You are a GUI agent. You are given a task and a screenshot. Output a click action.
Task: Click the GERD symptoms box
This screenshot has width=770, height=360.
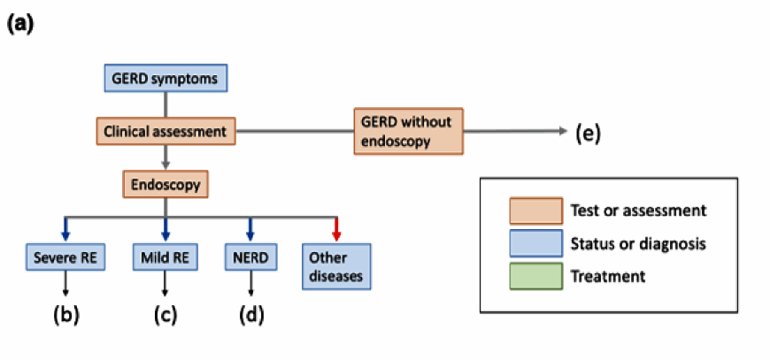click(166, 78)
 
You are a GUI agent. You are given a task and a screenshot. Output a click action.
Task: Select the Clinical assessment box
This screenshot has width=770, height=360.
click(166, 131)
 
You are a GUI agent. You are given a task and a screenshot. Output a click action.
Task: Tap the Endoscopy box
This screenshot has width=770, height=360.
click(166, 184)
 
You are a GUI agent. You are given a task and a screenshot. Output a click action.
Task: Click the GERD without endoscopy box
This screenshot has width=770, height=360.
click(409, 131)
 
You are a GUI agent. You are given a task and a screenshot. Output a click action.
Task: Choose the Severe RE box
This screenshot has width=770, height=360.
click(65, 257)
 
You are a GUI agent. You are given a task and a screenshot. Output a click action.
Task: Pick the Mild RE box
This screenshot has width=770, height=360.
click(165, 257)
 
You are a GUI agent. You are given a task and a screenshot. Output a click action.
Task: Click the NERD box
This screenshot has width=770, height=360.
click(251, 257)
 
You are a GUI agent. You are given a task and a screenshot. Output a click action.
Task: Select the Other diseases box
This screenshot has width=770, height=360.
click(336, 266)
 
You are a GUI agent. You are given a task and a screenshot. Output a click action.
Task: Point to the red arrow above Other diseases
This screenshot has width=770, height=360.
click(336, 229)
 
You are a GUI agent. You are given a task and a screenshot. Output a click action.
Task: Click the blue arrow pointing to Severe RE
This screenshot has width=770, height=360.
click(65, 229)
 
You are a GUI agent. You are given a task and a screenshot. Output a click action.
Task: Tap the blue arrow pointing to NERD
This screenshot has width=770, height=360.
click(251, 229)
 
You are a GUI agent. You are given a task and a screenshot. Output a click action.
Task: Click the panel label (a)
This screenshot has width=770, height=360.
click(20, 25)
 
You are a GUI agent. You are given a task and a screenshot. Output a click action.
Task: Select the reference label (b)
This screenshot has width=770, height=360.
click(65, 316)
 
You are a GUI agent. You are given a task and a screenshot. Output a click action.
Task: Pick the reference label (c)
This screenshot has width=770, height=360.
click(165, 316)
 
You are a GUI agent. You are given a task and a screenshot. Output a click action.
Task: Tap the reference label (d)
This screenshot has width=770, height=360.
click(251, 316)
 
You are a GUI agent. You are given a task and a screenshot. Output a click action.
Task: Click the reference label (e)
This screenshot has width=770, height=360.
click(588, 132)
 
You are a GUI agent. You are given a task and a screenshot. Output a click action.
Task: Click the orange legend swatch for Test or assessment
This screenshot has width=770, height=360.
click(535, 211)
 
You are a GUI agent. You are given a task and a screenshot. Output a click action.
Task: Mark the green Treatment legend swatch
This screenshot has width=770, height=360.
click(535, 276)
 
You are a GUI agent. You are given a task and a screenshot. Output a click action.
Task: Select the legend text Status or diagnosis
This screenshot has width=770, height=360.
click(638, 244)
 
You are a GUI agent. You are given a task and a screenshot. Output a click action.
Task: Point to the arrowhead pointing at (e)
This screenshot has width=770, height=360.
click(563, 131)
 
